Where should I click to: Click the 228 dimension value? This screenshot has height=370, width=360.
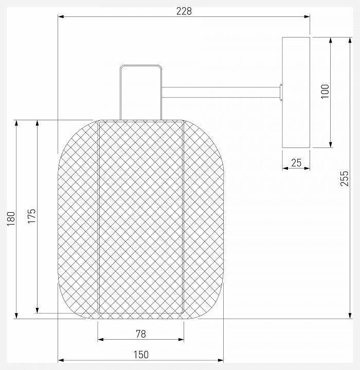[184, 11]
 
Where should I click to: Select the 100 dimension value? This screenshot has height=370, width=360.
[325, 91]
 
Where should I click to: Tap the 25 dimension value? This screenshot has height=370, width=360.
[296, 162]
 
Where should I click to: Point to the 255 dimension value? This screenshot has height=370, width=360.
[345, 178]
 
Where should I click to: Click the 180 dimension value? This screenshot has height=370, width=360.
[11, 218]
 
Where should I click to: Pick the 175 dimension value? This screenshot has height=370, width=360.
[32, 216]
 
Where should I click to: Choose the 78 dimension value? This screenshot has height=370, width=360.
[141, 334]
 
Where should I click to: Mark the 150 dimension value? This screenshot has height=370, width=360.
[141, 355]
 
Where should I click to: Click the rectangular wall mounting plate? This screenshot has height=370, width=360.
[296, 92]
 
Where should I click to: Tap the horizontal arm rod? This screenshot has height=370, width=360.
[221, 92]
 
